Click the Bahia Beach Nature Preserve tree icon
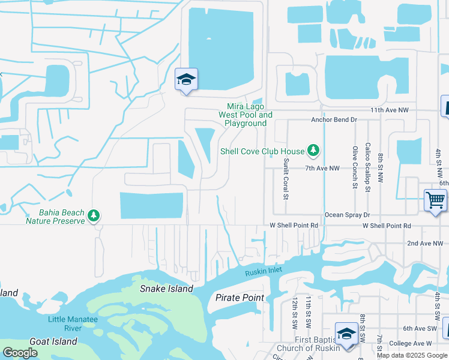coord(94,215)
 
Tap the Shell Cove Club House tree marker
coord(312,149)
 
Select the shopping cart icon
coord(435,199)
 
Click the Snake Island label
coord(166,289)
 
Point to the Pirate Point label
coord(240,298)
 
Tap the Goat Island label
coord(55,341)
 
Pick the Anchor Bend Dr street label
coord(334,119)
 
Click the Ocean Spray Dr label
coord(348,215)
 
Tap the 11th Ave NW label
coord(389,110)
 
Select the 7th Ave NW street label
coord(322,169)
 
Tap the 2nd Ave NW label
coord(424,243)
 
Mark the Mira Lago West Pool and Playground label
coord(245,115)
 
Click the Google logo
coord(20,353)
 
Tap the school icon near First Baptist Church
coord(347,334)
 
